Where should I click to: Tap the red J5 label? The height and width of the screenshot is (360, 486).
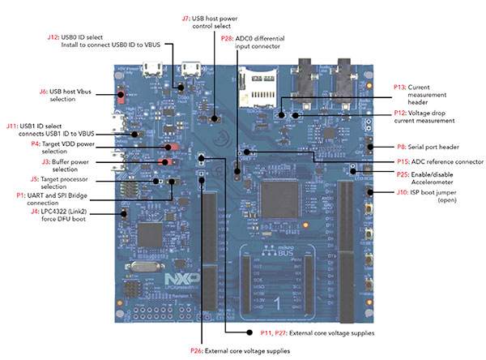tap(34, 178)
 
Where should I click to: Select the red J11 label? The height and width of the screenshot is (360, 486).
tap(12, 126)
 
